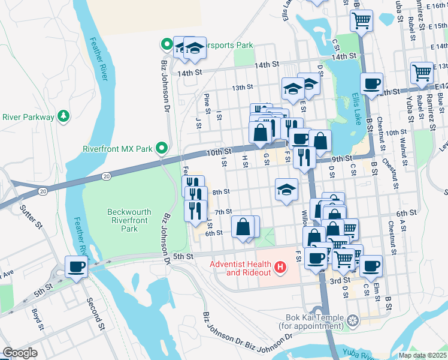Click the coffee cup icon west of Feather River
[x=76, y=266]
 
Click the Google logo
[x=19, y=353]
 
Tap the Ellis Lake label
[x=357, y=106]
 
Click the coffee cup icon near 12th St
[x=371, y=83]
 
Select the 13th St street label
[x=243, y=88]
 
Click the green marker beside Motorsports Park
[x=166, y=44]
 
